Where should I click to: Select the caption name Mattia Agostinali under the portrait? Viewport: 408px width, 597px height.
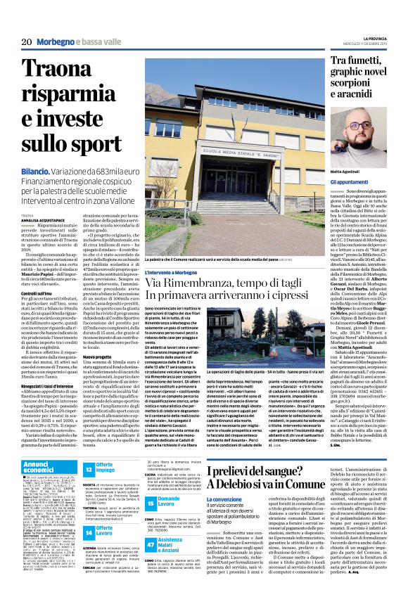coord(329,172)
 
